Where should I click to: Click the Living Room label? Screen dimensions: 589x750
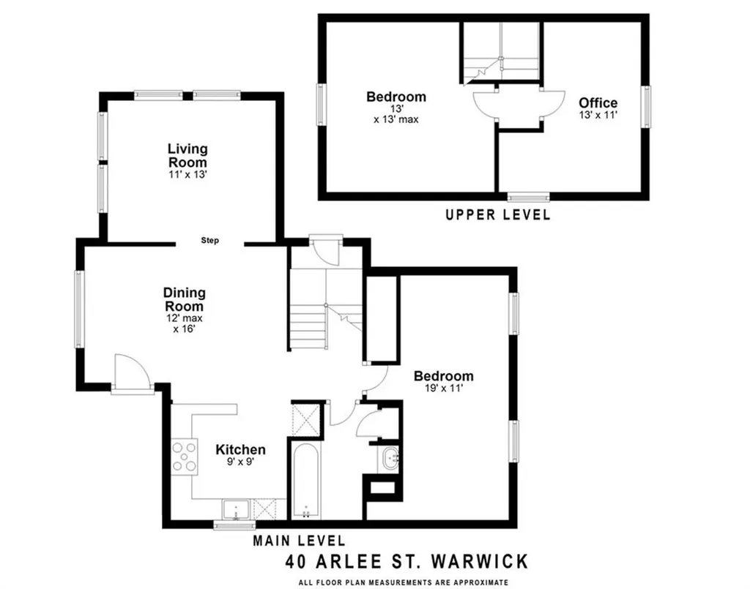click(x=187, y=156)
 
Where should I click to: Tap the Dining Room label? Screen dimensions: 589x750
click(x=183, y=300)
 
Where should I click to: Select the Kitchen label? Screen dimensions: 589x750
click(x=240, y=449)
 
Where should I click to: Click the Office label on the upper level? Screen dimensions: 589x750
click(x=598, y=103)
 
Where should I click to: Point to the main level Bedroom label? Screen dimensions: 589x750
click(x=443, y=376)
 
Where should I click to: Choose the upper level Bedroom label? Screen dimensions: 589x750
click(x=396, y=97)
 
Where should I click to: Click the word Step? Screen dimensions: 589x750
click(x=210, y=241)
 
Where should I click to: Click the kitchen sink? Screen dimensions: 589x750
click(x=237, y=508)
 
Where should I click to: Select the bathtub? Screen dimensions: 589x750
click(x=305, y=480)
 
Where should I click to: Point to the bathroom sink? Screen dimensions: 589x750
click(x=389, y=459)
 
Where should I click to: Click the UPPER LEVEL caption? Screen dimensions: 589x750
click(x=498, y=215)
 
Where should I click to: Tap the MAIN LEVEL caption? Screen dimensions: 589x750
click(x=299, y=541)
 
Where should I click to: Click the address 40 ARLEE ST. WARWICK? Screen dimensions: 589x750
click(x=406, y=562)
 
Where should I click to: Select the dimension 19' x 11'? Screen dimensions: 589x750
click(x=443, y=390)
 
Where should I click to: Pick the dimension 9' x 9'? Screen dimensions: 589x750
click(x=240, y=462)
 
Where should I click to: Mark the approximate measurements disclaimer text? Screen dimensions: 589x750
click(x=403, y=582)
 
